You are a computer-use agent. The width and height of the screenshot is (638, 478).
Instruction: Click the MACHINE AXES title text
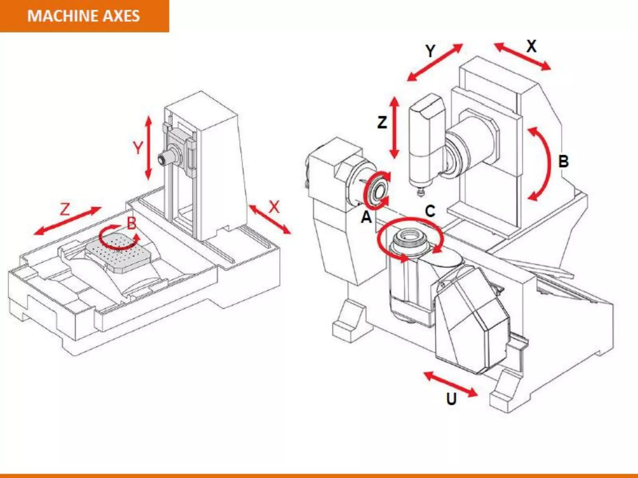point(83,16)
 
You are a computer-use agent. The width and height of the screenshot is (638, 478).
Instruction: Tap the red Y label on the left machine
point(138,148)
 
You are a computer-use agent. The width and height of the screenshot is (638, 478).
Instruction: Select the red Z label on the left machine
point(65,209)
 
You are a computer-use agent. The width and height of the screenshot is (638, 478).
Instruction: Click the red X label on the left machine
point(274,207)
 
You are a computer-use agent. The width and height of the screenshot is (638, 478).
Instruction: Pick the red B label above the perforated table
point(132,223)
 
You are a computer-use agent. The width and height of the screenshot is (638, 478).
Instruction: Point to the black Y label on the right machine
point(431,51)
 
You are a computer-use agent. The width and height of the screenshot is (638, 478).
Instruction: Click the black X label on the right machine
point(531,46)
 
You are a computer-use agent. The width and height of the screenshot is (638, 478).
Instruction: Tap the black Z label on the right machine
point(382,122)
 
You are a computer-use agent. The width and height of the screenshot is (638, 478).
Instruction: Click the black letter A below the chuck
point(366,217)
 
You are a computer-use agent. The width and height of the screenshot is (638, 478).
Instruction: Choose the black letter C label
point(430,211)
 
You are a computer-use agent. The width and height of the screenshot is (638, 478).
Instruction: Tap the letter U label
point(451,399)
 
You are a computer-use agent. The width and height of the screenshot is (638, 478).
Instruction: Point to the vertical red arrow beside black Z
point(395,128)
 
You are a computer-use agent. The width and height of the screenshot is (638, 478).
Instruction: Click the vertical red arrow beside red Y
point(149,148)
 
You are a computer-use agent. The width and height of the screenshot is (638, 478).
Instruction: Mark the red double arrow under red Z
point(68,221)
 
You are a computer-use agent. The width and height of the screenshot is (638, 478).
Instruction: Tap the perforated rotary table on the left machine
point(120,252)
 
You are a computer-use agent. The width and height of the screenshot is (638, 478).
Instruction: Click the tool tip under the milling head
point(421,193)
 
